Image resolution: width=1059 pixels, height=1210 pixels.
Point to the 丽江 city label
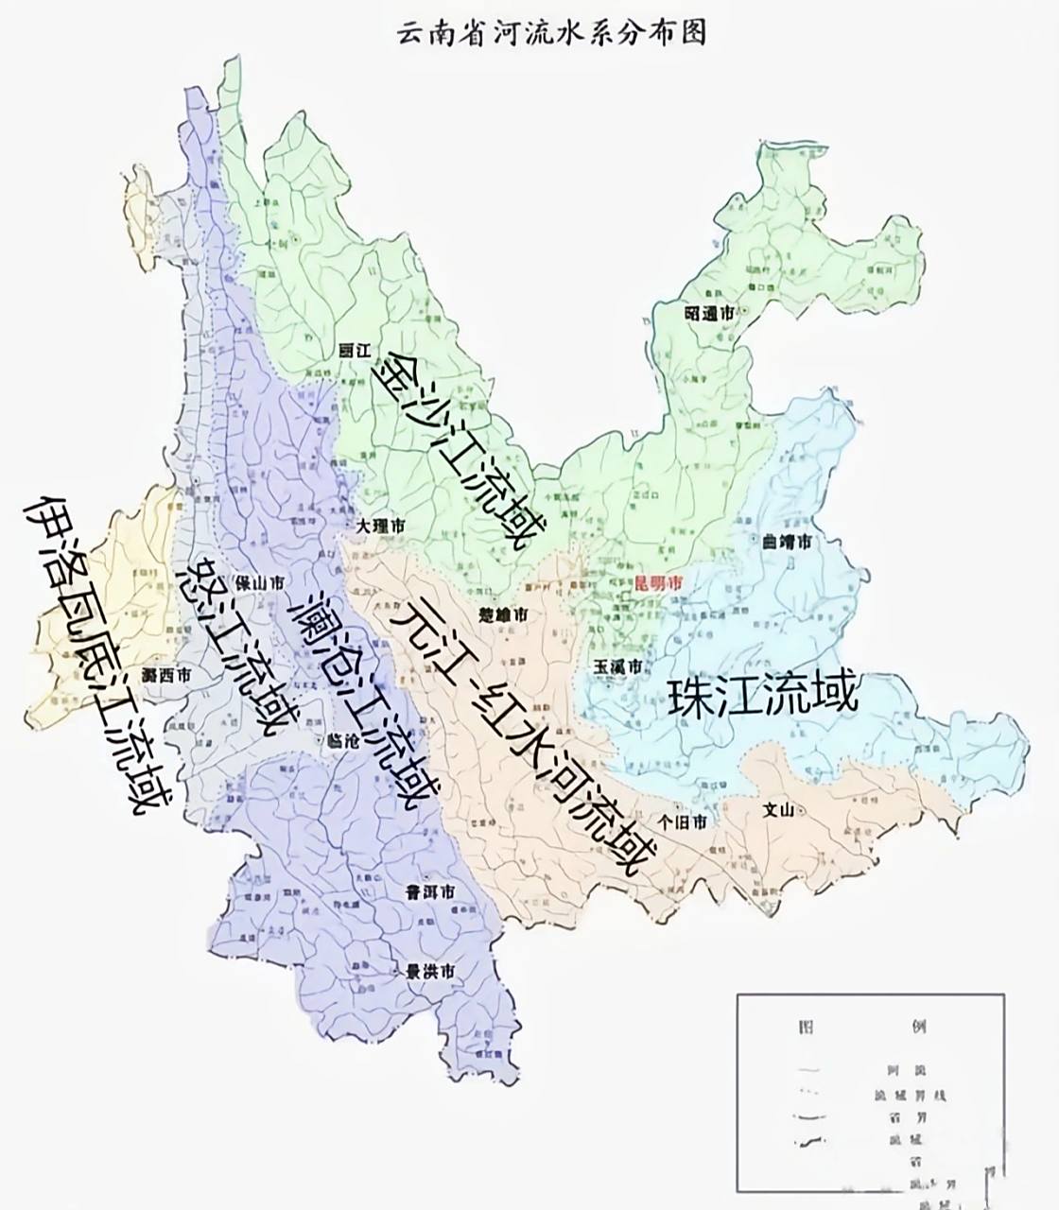353,349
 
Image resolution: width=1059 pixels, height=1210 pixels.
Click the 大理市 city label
383,525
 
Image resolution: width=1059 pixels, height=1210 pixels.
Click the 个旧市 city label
686,821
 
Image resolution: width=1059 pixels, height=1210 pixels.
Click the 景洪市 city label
431,971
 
